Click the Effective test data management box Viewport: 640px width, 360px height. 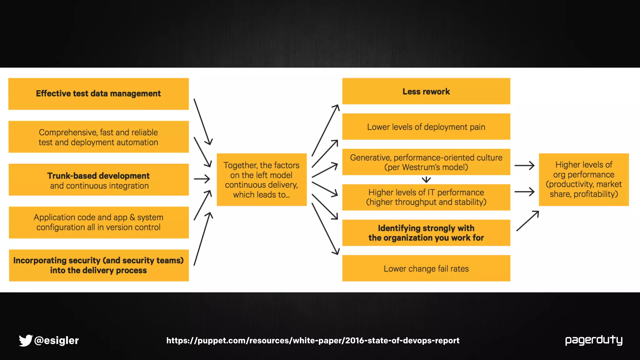point(98,94)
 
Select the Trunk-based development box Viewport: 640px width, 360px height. point(98,180)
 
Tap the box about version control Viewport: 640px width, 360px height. point(98,222)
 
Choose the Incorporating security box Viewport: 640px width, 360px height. point(98,265)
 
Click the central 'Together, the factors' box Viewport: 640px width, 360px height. point(262,180)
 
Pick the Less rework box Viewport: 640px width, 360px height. point(426,91)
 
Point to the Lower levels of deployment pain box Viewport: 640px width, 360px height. point(426,127)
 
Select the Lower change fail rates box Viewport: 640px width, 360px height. point(426,268)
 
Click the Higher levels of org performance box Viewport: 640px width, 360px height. point(584,179)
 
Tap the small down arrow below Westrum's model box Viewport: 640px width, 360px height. point(426,180)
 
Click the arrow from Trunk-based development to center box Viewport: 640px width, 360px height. point(202,179)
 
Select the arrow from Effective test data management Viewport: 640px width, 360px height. point(203,122)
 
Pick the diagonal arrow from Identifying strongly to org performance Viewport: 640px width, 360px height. point(527,221)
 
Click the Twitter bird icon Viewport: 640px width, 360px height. point(26,340)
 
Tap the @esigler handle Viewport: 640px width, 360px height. point(57,340)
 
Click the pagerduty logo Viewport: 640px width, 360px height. point(594,340)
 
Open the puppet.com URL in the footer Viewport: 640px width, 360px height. point(313,340)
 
